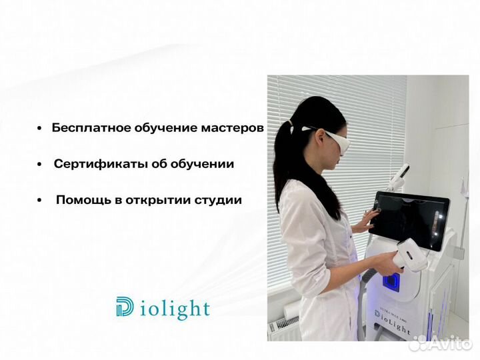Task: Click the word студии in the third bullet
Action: tap(217, 199)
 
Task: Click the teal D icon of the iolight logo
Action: tap(125, 307)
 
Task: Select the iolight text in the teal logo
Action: tap(175, 309)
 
